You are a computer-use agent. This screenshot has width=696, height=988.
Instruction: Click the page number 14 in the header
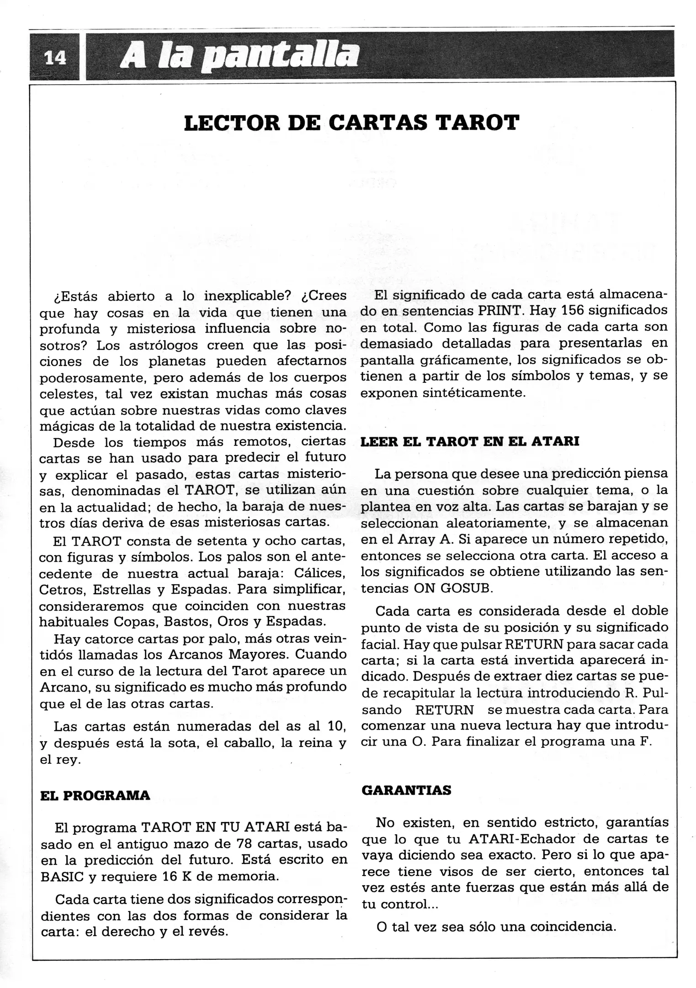(x=55, y=58)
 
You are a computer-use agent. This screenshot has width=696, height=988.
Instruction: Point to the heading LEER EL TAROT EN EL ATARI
(x=470, y=442)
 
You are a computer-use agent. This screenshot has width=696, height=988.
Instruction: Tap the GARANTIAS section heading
(x=406, y=790)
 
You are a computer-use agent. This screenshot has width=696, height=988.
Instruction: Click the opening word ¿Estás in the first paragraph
(x=76, y=296)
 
